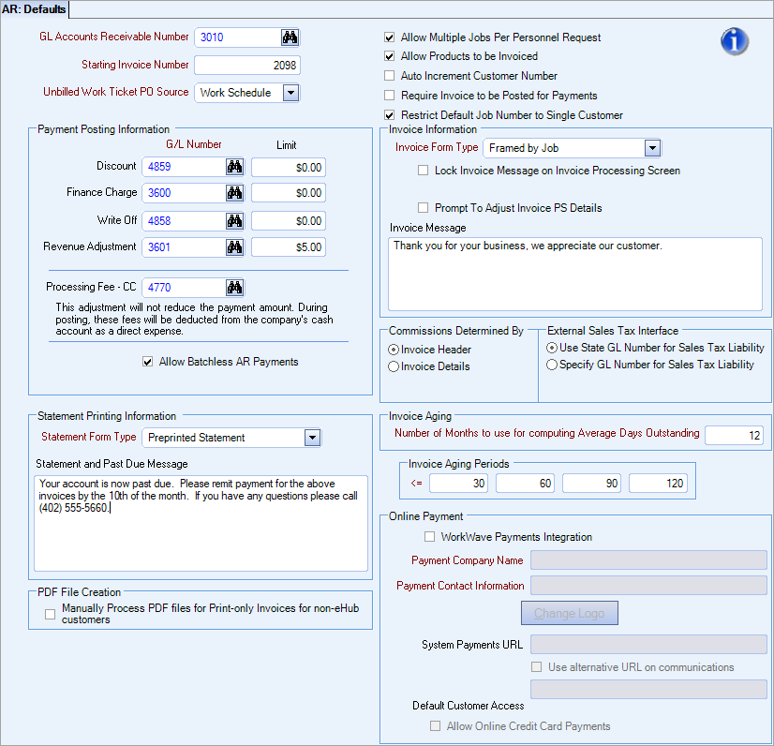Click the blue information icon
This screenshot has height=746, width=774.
(x=735, y=41)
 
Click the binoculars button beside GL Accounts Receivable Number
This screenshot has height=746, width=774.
(x=290, y=37)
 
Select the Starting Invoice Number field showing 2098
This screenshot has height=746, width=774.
(x=247, y=66)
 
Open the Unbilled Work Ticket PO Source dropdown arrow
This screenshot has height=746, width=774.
(x=290, y=93)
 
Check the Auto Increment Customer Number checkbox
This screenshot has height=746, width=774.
(x=390, y=76)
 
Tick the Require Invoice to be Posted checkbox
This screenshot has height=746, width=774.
(x=390, y=96)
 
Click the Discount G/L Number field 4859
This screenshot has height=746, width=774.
(x=183, y=167)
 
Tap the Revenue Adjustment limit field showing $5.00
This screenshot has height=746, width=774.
(x=289, y=247)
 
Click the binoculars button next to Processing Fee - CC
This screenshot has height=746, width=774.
(x=234, y=288)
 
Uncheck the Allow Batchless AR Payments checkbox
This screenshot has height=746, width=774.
(x=147, y=362)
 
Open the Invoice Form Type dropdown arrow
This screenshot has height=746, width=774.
(x=652, y=148)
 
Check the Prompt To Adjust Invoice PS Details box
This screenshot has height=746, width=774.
(x=424, y=208)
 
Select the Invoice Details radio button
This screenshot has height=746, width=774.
(x=394, y=366)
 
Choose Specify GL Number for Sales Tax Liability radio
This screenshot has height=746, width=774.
(x=552, y=365)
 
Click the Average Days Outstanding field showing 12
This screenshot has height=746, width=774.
(x=734, y=435)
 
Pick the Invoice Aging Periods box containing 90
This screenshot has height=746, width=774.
(x=591, y=484)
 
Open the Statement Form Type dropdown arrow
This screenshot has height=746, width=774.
(x=312, y=438)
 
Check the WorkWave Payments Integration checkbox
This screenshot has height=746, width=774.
(x=430, y=537)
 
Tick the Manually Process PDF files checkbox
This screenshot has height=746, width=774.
(x=51, y=614)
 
